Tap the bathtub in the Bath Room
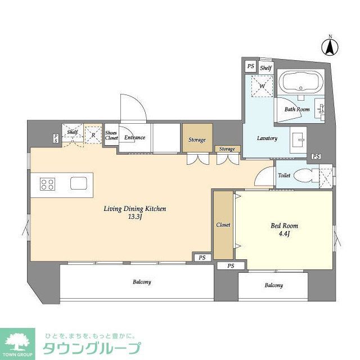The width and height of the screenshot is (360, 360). point(302,83)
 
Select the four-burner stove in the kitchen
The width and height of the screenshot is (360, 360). point(47,184)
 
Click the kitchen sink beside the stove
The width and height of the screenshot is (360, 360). point(78,184)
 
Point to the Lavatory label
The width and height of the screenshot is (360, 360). point(267,138)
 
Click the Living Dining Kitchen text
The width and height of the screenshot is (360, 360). point(134,209)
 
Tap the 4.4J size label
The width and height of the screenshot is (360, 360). point(284,235)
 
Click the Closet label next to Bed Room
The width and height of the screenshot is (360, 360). point(223,225)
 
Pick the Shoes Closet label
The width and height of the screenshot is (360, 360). point(111,135)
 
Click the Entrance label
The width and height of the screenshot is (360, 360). point(135,137)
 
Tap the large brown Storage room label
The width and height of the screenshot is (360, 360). point(197,139)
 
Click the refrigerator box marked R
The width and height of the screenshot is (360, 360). point(93,134)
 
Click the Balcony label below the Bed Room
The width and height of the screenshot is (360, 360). point(273,286)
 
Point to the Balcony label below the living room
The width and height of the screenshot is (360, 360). point(142,282)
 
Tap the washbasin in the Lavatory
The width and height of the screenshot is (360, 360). point(299,138)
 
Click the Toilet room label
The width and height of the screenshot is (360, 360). point(284,175)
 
